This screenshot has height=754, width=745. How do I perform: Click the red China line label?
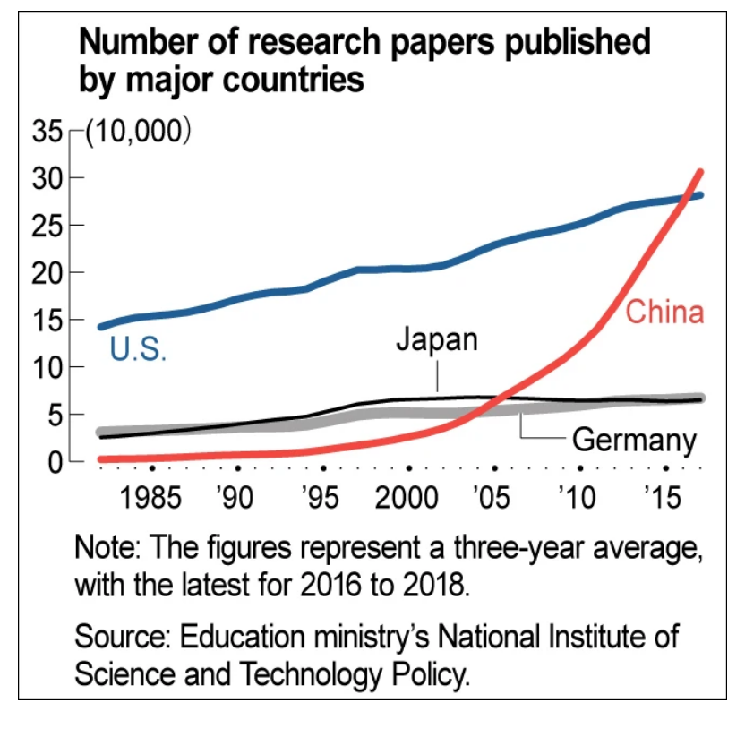pos(664,313)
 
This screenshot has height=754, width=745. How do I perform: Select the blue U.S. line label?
pos(138,349)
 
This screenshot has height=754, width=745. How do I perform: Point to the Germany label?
pos(633,440)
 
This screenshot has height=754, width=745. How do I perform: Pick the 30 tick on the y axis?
pos(49,178)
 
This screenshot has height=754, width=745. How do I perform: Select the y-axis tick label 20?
pos(49,272)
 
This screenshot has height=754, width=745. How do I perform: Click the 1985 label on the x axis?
pos(151,496)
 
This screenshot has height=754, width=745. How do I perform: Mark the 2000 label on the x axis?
pos(408,496)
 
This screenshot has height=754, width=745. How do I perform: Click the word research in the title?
pos(321,43)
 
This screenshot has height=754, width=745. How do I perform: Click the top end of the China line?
pos(700,171)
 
